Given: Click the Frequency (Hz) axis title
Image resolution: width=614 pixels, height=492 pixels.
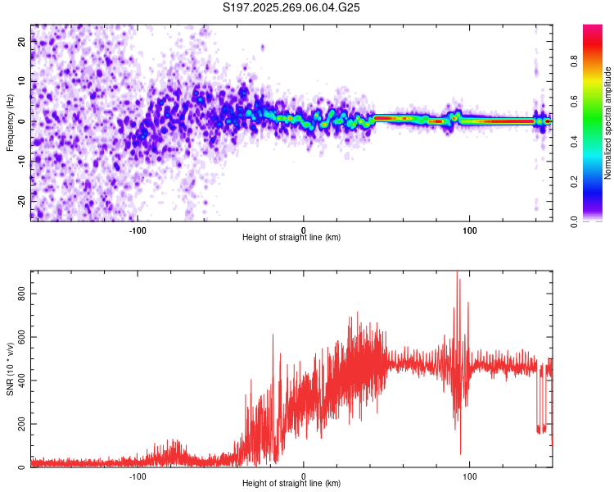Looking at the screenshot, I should [x=10, y=122].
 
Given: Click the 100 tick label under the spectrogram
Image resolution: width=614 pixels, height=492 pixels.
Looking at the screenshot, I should [x=469, y=230].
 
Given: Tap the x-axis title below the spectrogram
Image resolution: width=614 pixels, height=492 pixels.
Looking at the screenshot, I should [x=291, y=237].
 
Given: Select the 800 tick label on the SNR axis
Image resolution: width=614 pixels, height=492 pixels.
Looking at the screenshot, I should [x=23, y=293].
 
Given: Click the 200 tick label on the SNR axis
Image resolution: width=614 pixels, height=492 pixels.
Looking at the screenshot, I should [x=23, y=424].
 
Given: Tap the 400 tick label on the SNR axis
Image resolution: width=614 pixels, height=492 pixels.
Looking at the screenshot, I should [x=23, y=380].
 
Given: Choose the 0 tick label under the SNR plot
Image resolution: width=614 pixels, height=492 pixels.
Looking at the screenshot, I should [x=304, y=476].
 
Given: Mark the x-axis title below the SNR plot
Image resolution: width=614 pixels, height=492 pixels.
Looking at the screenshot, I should [x=291, y=483].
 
